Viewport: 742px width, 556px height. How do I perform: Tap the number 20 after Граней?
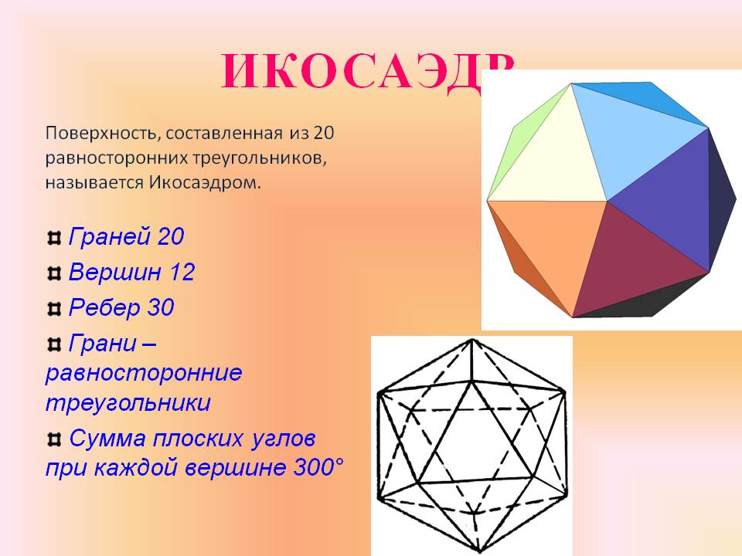[x=170, y=237]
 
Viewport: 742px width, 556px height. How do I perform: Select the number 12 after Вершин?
[x=182, y=273]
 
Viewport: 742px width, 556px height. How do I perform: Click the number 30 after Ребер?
[x=160, y=308]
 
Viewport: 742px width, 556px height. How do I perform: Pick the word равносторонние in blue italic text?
[x=144, y=373]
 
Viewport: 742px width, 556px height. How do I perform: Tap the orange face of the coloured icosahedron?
[x=541, y=247]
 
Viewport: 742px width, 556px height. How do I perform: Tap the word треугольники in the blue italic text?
[x=128, y=404]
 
